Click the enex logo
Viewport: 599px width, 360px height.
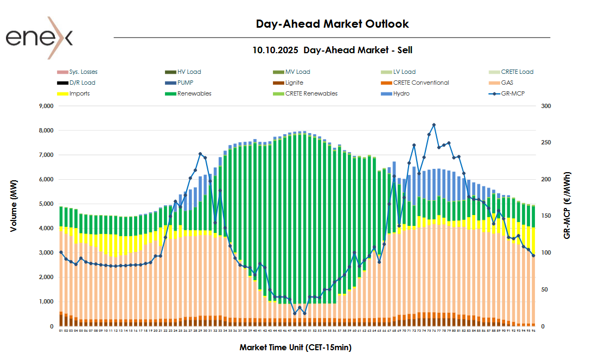(39, 38)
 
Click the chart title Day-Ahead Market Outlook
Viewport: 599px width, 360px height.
(332, 24)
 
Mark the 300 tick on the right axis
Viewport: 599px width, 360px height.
(546, 106)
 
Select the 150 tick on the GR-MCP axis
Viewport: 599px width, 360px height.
(546, 216)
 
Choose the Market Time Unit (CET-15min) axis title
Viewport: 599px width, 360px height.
(299, 347)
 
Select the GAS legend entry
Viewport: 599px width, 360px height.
(507, 83)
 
